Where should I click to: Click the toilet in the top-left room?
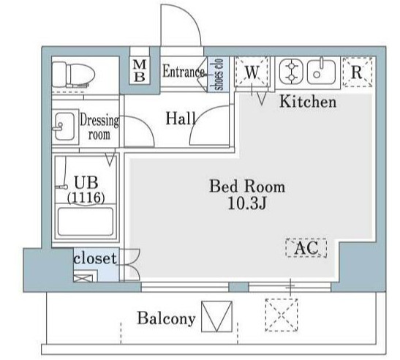point(73,75)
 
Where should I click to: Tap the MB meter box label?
point(140,71)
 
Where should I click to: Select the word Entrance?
point(184,71)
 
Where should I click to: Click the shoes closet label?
point(219,75)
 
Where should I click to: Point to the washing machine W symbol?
point(252,72)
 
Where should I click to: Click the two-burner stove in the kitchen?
point(291,72)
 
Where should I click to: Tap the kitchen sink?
point(322,72)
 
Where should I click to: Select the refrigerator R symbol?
point(357,72)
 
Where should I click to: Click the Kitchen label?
point(308,102)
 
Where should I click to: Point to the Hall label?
point(181,119)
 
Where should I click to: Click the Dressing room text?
point(99,127)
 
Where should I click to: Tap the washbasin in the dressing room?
point(64,127)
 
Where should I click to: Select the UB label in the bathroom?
point(86,182)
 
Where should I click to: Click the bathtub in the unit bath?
point(86,222)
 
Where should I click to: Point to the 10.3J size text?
point(247,203)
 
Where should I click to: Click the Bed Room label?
point(247,187)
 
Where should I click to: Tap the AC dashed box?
point(306,247)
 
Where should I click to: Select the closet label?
point(95,258)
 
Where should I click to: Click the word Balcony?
point(166,318)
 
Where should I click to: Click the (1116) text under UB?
point(86,198)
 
